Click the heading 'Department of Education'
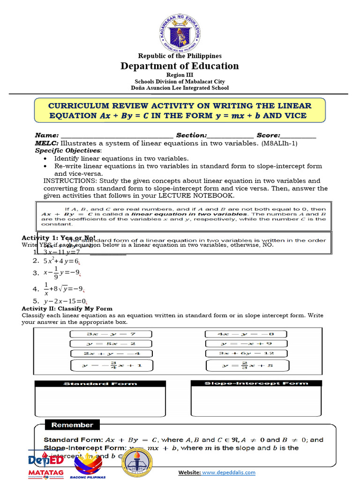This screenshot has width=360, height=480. (x=180, y=66)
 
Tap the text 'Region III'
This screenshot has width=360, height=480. (x=180, y=75)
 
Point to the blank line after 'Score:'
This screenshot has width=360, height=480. (x=299, y=135)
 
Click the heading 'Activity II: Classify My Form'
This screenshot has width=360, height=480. (x=67, y=308)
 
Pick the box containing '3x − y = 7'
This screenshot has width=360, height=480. (x=111, y=334)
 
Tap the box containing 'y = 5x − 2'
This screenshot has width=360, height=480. (x=111, y=344)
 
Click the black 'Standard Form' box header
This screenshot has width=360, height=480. (x=100, y=383)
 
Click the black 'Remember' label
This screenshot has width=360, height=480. (x=72, y=425)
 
